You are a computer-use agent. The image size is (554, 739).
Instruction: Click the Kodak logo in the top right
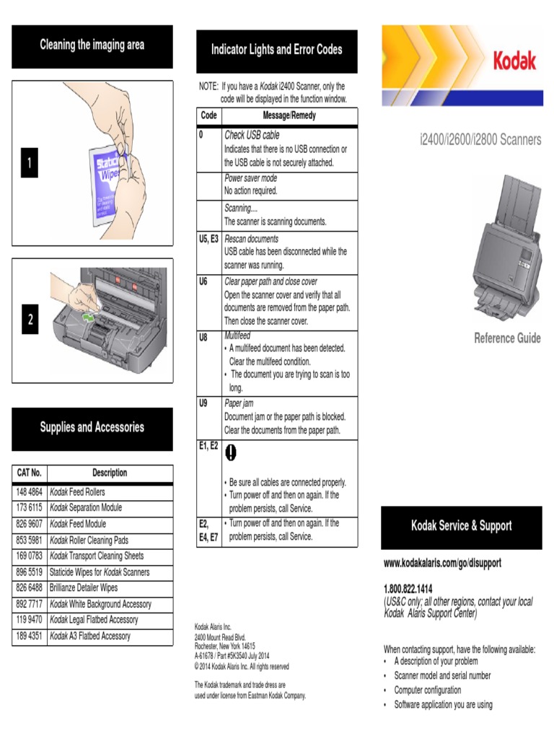point(514,61)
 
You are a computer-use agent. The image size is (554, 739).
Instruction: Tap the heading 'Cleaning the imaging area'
point(92,45)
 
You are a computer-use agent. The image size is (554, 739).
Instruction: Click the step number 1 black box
point(30,164)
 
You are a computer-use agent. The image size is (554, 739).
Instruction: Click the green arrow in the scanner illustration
point(89,315)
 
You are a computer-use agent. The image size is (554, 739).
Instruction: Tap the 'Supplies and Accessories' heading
point(92,427)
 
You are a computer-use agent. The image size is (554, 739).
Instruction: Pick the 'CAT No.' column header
point(30,473)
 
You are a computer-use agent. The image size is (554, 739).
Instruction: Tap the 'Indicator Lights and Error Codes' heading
point(276,50)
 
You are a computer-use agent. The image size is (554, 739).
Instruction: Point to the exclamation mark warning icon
point(231,452)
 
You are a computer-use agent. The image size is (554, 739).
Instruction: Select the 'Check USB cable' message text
point(252,135)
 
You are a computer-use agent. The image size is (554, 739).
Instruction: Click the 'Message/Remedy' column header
point(289,115)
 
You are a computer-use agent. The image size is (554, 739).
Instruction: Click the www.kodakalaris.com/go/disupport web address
point(442,561)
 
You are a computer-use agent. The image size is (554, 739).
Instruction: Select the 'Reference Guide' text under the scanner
point(507,338)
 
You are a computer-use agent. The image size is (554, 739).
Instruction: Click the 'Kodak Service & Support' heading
point(461,525)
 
